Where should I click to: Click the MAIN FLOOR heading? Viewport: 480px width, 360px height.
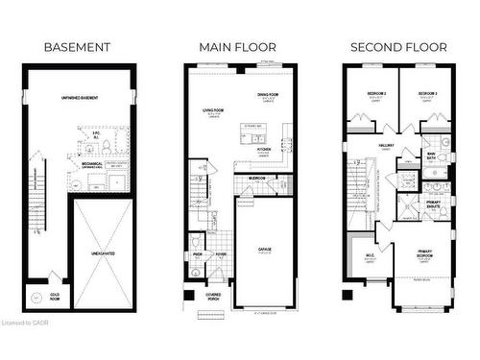(237, 47)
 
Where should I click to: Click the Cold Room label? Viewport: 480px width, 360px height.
(56, 296)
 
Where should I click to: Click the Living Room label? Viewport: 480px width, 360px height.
(212, 111)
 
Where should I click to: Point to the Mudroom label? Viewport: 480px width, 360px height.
(257, 179)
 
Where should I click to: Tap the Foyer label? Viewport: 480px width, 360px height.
(220, 254)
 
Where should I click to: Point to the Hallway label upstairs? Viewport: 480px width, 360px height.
(387, 147)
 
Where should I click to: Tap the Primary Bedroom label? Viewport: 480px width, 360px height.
(423, 254)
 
